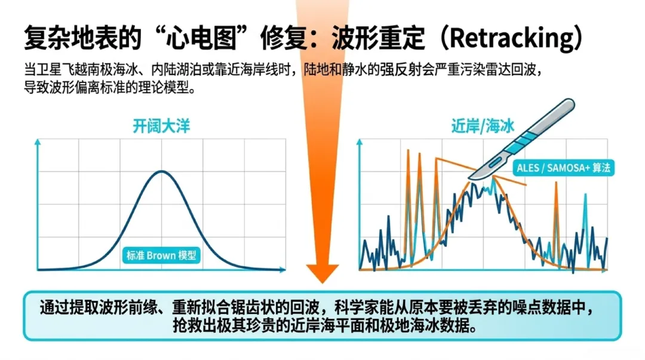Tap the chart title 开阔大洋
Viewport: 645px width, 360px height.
coord(161,126)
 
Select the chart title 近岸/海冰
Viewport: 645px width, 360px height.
coord(483,126)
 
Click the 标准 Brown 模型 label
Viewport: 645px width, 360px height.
coord(161,256)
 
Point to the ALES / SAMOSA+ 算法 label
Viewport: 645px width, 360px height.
coord(563,168)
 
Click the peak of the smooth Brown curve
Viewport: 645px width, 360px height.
coord(162,171)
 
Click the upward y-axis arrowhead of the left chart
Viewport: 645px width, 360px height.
coord(38,142)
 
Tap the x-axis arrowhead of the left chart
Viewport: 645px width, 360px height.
coord(282,270)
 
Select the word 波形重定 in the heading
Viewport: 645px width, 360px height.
coord(378,38)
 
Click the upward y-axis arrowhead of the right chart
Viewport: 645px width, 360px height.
coord(360,142)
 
